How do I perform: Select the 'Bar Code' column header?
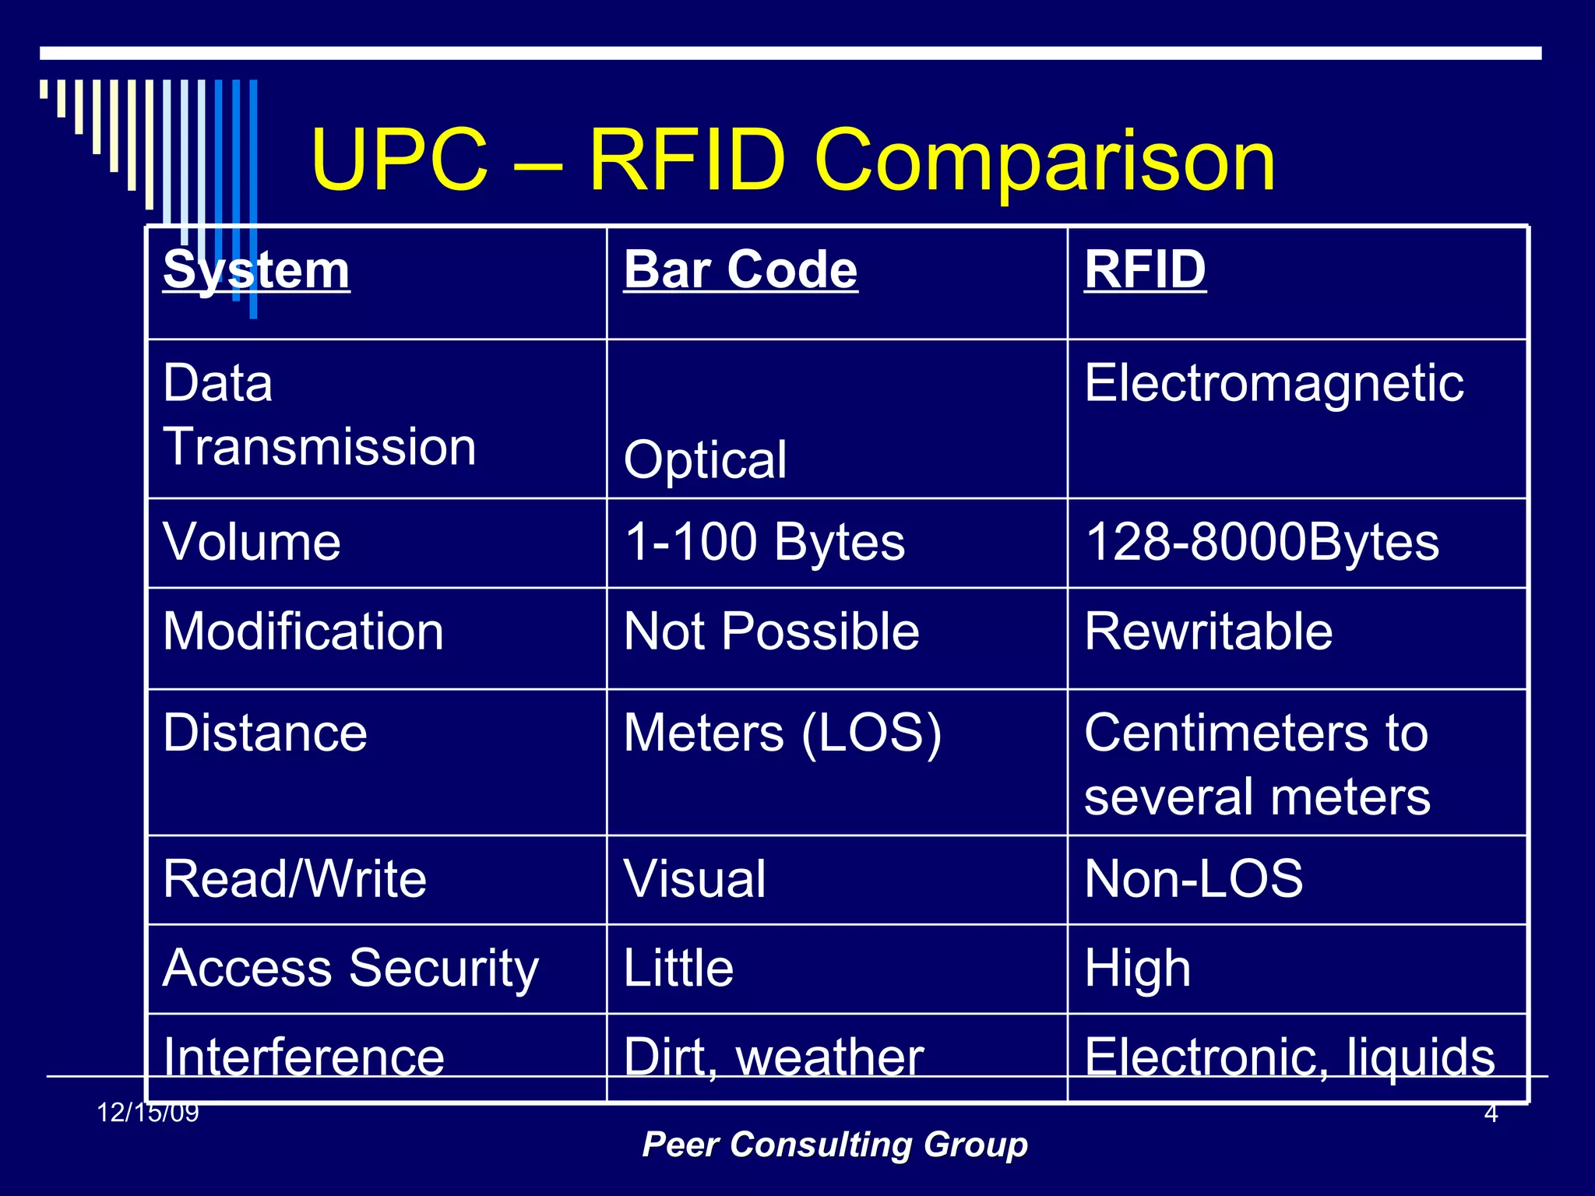click(x=740, y=270)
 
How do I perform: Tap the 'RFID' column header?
click(x=1145, y=270)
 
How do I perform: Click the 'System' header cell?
click(x=256, y=270)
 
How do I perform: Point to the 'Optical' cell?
click(x=705, y=459)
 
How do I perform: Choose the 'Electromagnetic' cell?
click(x=1273, y=383)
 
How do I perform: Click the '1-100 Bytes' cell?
click(x=764, y=542)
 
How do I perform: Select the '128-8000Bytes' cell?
click(x=1262, y=542)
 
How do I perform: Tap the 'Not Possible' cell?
click(x=771, y=631)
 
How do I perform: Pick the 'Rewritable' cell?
click(x=1208, y=631)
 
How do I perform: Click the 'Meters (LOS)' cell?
click(x=782, y=733)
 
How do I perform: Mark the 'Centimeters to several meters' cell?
click(x=1257, y=765)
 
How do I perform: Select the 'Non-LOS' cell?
click(x=1193, y=879)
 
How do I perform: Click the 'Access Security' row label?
click(x=350, y=969)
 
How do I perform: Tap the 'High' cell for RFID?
click(x=1137, y=969)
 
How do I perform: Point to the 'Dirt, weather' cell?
click(x=773, y=1057)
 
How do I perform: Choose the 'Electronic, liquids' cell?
click(x=1290, y=1057)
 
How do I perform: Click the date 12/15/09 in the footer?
click(x=148, y=1113)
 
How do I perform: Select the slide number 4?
click(x=1491, y=1113)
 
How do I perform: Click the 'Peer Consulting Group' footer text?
click(x=835, y=1145)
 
